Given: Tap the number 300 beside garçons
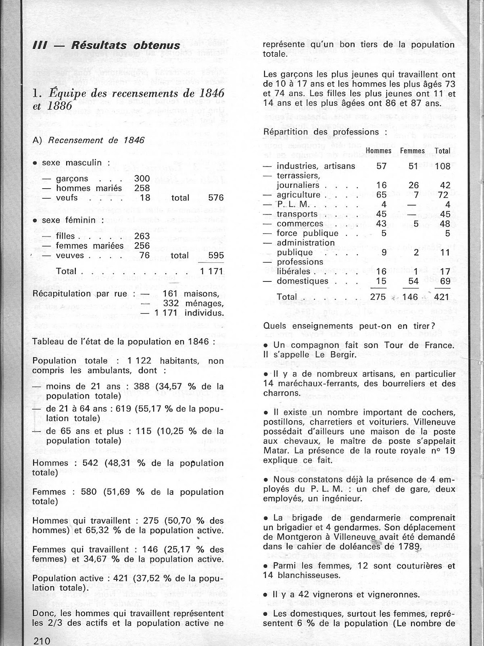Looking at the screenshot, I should pos(142,178).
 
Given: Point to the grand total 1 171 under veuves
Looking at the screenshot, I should pos(212,271).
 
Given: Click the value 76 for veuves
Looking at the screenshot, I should pos(144,256).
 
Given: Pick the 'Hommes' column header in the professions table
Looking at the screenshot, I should pos(378,151).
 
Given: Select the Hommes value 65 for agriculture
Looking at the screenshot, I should pos(381,195).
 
